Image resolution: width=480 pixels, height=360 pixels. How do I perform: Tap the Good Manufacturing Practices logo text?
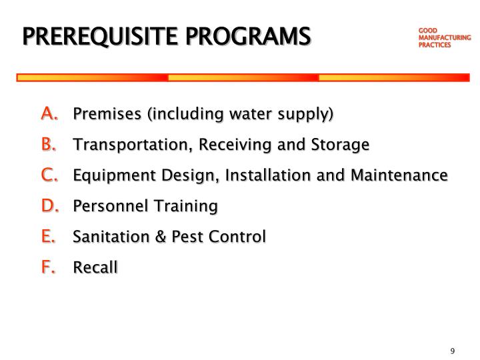pos(444,38)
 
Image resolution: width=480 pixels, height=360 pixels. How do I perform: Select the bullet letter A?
pos(49,113)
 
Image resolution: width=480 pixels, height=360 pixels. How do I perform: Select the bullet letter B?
pos(49,144)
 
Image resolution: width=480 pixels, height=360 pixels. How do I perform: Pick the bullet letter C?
pos(49,175)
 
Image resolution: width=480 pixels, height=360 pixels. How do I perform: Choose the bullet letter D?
pos(50,205)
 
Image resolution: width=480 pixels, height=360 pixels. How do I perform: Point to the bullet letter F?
pos(48,267)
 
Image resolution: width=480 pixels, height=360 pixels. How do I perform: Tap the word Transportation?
pos(123,145)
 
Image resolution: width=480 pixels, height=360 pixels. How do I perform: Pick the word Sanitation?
pos(107,237)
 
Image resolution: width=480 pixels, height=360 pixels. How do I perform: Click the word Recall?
pos(95,267)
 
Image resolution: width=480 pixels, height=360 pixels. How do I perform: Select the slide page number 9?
pos(452,351)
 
